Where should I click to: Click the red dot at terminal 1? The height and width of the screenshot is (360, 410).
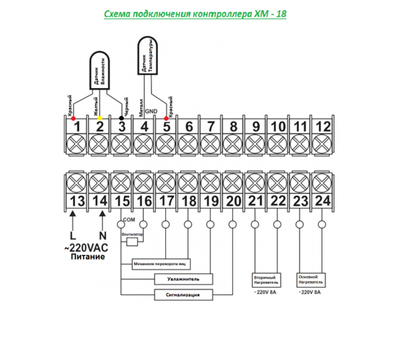pos(73,118)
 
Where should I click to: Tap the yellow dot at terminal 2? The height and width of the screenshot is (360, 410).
pos(100,118)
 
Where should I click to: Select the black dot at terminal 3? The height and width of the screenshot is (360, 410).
pos(121,118)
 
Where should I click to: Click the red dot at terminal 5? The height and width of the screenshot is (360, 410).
pos(166,118)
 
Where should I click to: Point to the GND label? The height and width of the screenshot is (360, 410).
pos(151,111)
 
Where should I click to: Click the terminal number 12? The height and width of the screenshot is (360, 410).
pos(323,127)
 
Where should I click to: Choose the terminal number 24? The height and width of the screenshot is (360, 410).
pos(323,201)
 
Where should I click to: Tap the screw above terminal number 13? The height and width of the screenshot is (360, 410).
pos(76,183)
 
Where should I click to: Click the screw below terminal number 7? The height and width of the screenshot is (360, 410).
pos(210,144)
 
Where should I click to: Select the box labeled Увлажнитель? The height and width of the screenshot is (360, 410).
pos(184,279)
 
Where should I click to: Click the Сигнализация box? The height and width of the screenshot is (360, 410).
pos(184,295)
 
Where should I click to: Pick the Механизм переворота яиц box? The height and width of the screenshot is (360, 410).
pos(161,264)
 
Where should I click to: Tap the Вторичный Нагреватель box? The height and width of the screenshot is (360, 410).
pos(266,280)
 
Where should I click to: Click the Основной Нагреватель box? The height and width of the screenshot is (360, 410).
pos(311,280)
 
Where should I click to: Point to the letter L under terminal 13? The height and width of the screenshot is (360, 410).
pos(73,236)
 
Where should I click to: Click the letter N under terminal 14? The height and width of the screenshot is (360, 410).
pos(103,236)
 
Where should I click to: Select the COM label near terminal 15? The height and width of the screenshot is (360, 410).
pos(129,220)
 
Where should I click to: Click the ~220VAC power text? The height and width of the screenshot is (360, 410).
pos(86,248)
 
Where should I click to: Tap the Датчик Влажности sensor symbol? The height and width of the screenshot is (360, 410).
pos(100,70)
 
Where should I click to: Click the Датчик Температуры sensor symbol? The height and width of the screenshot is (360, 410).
pos(148,56)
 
